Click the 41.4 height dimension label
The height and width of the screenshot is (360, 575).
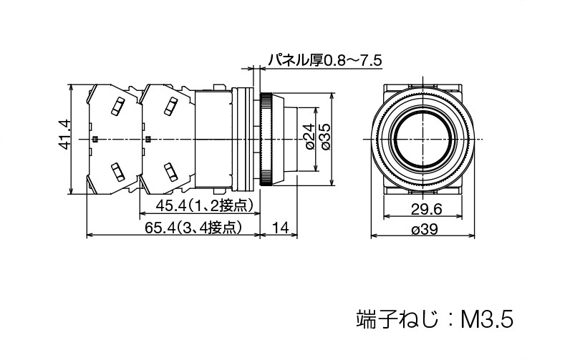pyautogui.click(x=65, y=134)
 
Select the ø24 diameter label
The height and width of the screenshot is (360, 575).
pyautogui.click(x=309, y=137)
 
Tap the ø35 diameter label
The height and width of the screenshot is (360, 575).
pyautogui.click(x=325, y=137)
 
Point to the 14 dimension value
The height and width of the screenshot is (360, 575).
pyautogui.click(x=280, y=228)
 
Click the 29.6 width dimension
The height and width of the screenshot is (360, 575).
pyautogui.click(x=427, y=210)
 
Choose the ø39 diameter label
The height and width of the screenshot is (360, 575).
pyautogui.click(x=425, y=230)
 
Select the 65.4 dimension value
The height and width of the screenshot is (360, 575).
pyautogui.click(x=160, y=228)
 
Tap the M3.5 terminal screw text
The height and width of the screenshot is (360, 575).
pyautogui.click(x=487, y=319)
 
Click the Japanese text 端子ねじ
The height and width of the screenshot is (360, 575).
pyautogui.click(x=397, y=319)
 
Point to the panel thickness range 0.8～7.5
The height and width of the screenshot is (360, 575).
pyautogui.click(x=353, y=59)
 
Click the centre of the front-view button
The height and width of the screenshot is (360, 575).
pyautogui.click(x=423, y=139)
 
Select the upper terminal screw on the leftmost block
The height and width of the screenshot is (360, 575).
pyautogui.click(x=117, y=107)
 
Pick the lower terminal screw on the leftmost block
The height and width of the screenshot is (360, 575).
pyautogui.click(x=117, y=172)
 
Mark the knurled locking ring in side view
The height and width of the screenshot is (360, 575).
pyautogui.click(x=266, y=139)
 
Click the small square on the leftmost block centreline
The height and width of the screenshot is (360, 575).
pyautogui.click(x=95, y=139)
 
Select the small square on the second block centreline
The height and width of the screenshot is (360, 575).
pyautogui.click(x=148, y=139)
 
